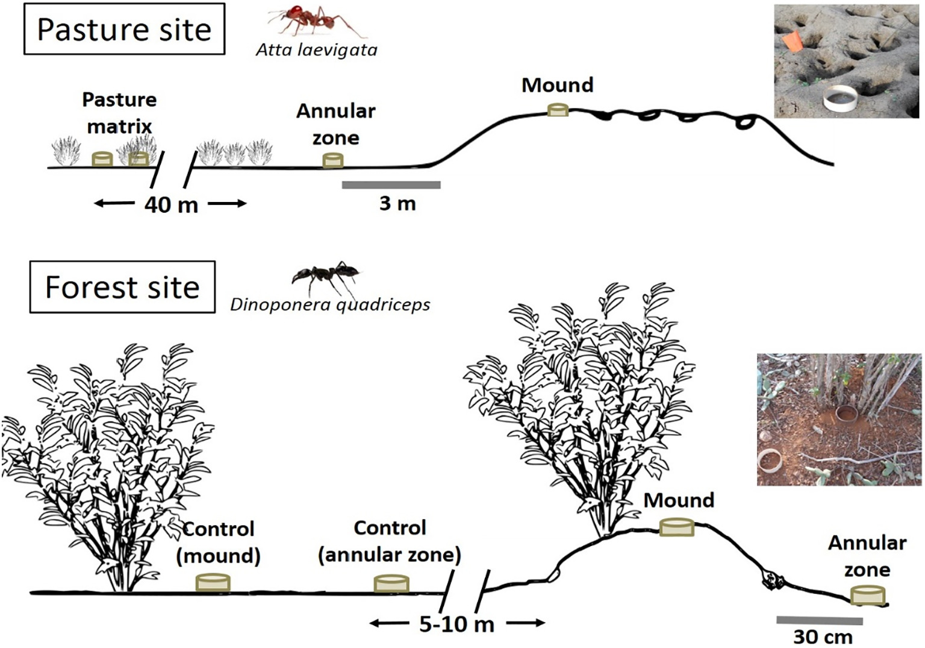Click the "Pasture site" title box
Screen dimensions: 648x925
[124, 30]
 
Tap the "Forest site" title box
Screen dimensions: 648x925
[122, 287]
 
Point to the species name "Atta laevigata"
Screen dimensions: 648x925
[317, 49]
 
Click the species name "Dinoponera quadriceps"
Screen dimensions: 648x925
[330, 304]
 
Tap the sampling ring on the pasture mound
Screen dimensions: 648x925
[558, 109]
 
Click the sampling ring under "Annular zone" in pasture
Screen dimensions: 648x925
[332, 160]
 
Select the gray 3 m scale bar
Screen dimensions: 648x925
[391, 184]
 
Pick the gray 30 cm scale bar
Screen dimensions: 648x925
[819, 620]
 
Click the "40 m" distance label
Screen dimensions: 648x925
[171, 205]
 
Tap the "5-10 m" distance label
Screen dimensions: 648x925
[456, 624]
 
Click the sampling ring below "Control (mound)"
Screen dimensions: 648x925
[213, 582]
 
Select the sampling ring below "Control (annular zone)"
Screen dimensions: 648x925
[391, 584]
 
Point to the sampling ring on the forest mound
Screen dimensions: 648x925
[677, 527]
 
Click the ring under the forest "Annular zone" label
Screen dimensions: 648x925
[868, 596]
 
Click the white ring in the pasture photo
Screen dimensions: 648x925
[842, 98]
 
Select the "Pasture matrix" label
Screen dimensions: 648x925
[119, 113]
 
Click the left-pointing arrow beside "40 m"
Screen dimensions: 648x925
[114, 204]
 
